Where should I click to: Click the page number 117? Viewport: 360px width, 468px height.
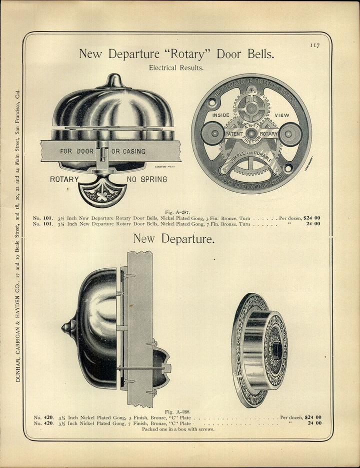point(314,45)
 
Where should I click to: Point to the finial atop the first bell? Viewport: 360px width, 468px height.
point(114,81)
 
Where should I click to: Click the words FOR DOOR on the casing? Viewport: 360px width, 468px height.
point(77,151)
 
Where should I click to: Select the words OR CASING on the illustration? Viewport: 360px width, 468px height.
point(128,151)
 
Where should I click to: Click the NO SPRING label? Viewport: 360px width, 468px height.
point(147,179)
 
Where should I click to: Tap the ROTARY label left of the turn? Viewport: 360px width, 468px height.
point(64,179)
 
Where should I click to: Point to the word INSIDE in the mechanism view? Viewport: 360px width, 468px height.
point(221,115)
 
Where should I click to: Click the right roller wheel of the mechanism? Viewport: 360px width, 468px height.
point(290,134)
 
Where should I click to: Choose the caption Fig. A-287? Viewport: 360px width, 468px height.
point(176,212)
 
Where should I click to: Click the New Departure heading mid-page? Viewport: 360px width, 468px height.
point(173,240)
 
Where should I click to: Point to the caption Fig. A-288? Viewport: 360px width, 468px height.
point(176,411)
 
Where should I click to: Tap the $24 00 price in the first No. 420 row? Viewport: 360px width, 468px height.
point(312,417)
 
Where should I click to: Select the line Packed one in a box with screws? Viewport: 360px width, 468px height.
point(177,429)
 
